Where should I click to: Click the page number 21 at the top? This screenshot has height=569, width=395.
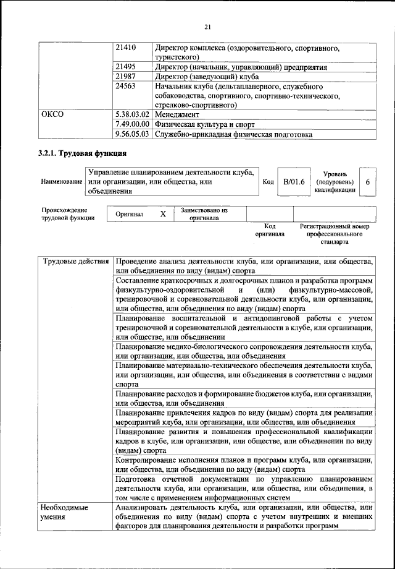[207, 26]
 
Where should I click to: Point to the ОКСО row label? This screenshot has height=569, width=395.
[52, 114]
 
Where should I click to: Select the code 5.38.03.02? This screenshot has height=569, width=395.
[133, 114]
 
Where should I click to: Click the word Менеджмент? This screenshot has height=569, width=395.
[177, 114]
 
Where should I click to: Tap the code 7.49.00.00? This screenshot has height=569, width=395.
[133, 124]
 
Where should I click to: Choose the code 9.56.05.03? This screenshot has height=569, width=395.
[133, 134]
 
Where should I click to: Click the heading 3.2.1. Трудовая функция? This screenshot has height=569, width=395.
[82, 154]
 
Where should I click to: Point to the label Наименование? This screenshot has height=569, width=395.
[61, 182]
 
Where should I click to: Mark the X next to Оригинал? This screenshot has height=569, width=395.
[163, 214]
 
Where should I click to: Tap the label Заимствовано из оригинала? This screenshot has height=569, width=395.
[204, 214]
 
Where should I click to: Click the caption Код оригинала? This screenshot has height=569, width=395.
[270, 231]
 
